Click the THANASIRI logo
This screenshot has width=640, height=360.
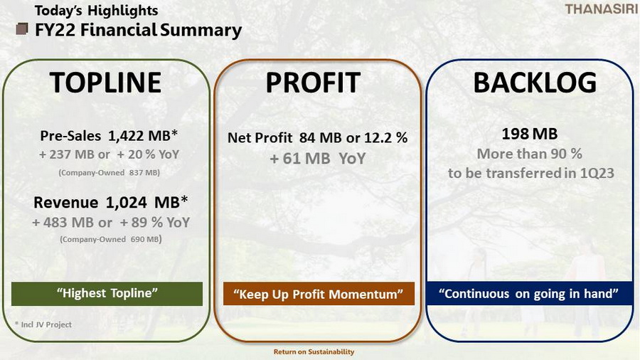(601, 9)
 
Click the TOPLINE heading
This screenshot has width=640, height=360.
(106, 83)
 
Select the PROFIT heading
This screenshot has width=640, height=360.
(313, 83)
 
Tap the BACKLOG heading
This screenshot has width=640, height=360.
(535, 83)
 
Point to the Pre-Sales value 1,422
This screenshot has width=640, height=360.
(126, 135)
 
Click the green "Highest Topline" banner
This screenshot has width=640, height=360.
(107, 293)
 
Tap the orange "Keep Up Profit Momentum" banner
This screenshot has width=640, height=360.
(319, 294)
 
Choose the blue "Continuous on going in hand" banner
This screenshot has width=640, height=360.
(528, 293)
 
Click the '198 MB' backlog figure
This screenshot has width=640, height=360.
(529, 134)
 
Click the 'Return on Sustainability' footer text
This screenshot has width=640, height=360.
(314, 351)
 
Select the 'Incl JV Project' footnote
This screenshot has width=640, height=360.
(43, 324)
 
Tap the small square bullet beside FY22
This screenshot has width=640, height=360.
(22, 29)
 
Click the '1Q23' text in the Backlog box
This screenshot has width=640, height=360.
(597, 173)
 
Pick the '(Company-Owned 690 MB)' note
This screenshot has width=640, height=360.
(111, 239)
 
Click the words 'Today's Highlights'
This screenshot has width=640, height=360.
(96, 11)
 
